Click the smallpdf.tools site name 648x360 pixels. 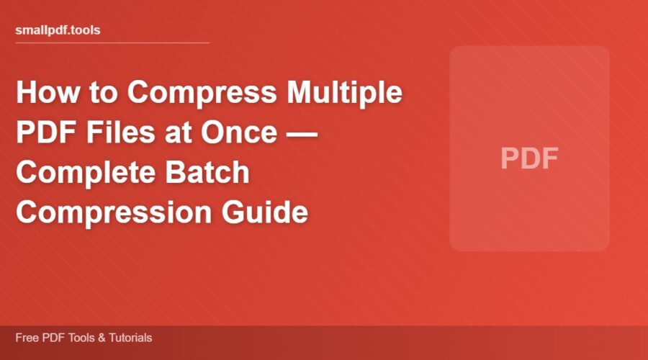pos(58,31)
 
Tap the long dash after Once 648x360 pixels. pos(300,134)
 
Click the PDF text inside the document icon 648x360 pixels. pos(529,159)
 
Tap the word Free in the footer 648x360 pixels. pos(25,338)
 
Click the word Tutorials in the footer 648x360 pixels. pos(129,338)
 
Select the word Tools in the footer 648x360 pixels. pos(78,338)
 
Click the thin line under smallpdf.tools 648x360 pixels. pos(112,42)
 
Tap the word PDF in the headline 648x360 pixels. pos(43,134)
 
